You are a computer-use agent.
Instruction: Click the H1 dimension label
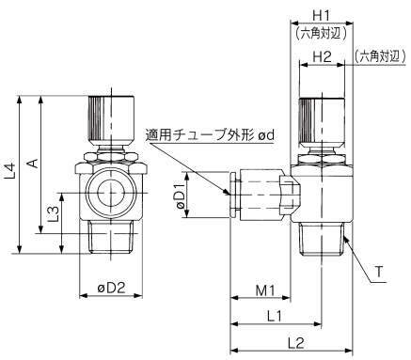tap(322, 15)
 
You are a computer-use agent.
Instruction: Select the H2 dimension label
tap(322, 56)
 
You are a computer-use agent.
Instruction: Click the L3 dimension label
tap(54, 213)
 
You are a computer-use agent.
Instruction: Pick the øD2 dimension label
tap(111, 288)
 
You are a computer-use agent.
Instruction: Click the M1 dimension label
tap(265, 290)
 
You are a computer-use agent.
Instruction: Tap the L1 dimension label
tap(275, 317)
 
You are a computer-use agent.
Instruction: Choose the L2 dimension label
tap(296, 343)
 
